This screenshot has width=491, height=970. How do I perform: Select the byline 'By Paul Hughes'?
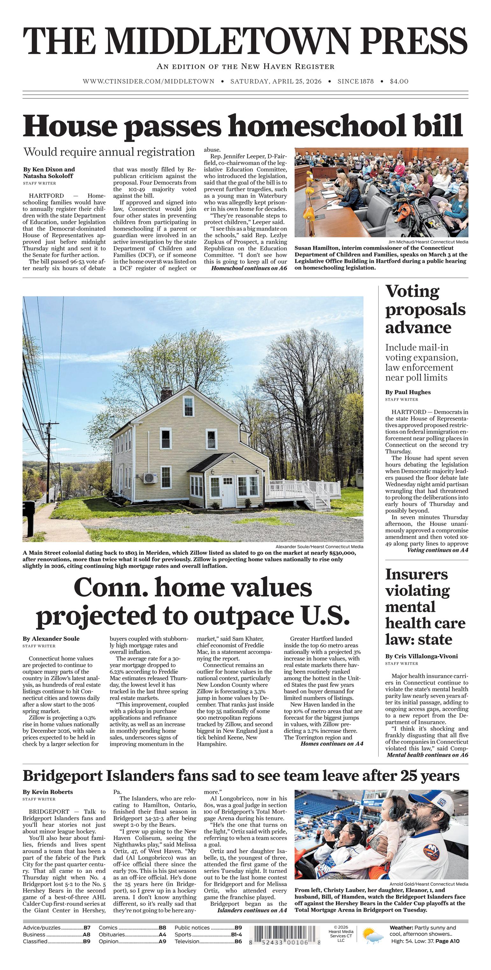coord(408,392)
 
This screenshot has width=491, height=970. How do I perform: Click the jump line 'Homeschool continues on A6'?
coord(249,268)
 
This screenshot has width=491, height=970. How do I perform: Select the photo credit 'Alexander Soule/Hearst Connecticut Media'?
coord(319,546)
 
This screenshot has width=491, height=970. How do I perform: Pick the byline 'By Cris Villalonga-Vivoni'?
coord(421,656)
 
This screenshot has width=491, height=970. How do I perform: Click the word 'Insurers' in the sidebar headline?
coord(416,574)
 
